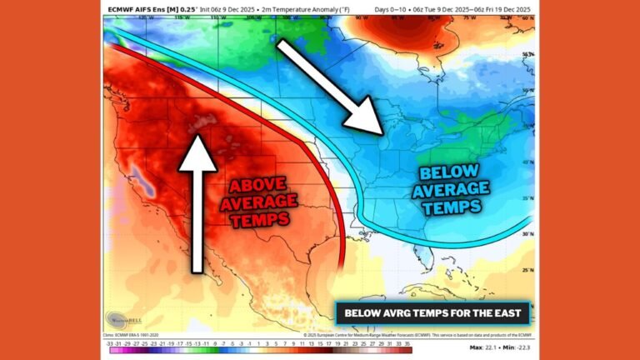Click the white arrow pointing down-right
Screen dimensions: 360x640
click(x=329, y=87)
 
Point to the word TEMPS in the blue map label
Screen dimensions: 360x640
click(x=452, y=206)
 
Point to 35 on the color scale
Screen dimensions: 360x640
click(x=407, y=342)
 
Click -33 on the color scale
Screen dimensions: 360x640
click(x=109, y=342)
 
